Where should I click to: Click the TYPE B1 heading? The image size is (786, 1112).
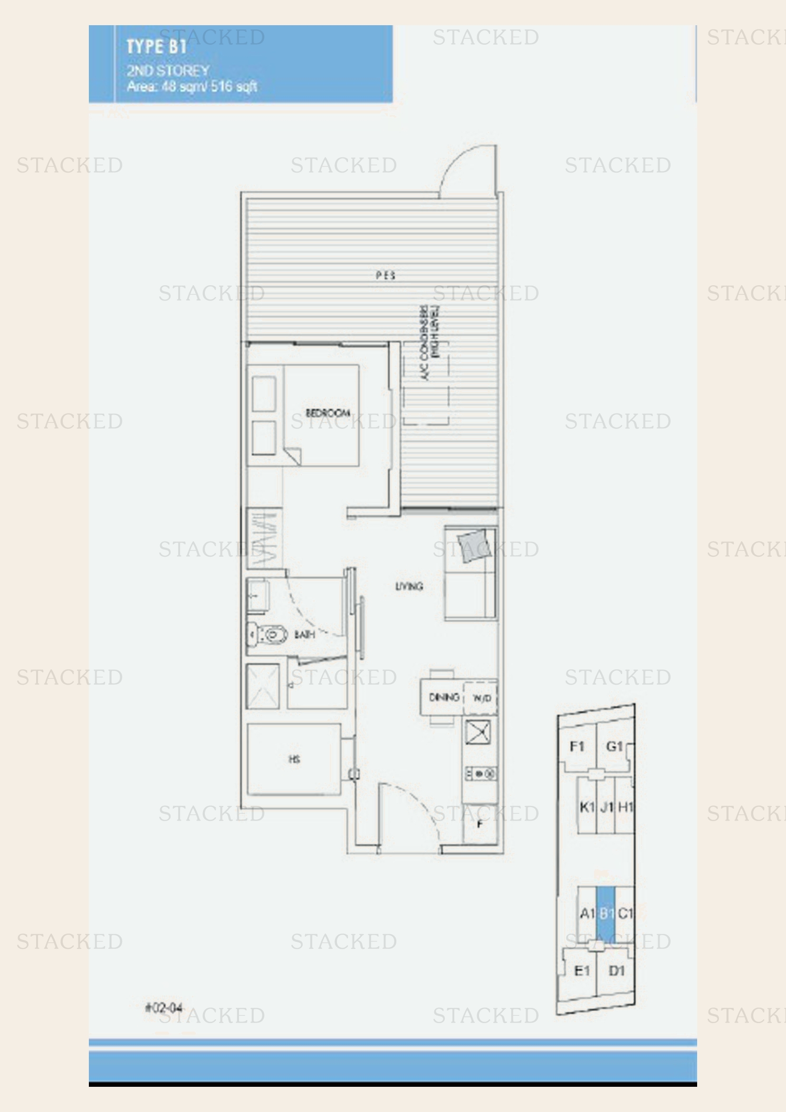156,47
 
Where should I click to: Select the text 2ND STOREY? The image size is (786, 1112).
168,71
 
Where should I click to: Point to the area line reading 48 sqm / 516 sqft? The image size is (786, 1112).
192,87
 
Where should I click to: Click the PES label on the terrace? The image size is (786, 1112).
385,276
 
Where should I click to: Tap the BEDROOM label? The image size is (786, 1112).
328,413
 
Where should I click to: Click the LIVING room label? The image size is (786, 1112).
409,587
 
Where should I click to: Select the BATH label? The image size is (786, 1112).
305,634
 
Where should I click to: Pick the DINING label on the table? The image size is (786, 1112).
444,697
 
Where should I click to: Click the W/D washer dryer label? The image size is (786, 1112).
481,698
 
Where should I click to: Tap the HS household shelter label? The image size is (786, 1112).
294,759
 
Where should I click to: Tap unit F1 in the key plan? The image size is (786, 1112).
577,746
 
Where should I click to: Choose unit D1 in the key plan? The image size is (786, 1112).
616,971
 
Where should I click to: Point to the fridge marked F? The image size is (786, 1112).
479,824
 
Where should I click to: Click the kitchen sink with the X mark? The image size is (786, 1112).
478,732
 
